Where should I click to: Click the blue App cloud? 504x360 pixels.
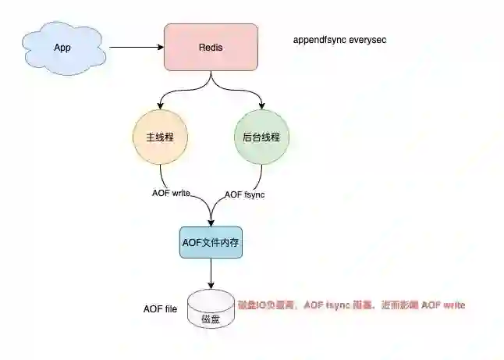(x=62, y=48)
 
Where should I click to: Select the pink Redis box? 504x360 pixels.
(x=211, y=47)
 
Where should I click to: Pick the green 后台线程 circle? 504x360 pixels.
(x=261, y=137)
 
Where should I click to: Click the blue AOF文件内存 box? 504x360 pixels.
(x=211, y=244)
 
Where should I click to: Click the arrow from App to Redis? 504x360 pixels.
(x=137, y=48)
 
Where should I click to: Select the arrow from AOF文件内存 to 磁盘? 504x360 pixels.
(x=211, y=274)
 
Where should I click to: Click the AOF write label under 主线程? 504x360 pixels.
(x=172, y=193)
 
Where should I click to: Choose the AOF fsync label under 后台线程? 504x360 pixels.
(x=245, y=194)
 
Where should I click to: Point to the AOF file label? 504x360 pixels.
(x=160, y=309)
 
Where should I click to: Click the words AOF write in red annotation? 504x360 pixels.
(x=443, y=305)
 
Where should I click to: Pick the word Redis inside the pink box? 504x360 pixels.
(x=211, y=48)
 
